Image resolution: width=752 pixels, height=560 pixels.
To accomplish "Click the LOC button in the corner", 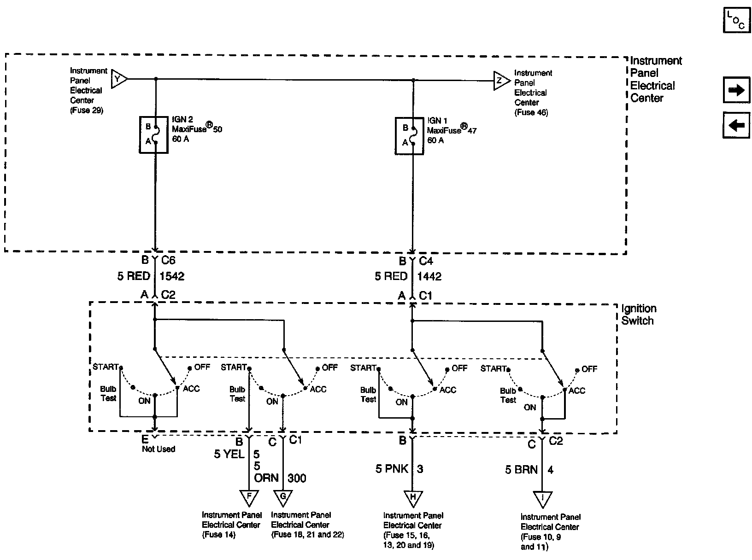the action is coord(736,20).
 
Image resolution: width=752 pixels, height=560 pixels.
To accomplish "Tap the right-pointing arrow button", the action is coord(736,90).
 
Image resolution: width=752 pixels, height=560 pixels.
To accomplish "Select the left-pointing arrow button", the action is coord(736,125).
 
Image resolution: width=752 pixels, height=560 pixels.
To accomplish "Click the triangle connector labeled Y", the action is coord(119,79).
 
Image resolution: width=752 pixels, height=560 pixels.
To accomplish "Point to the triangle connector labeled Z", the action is coord(501,81).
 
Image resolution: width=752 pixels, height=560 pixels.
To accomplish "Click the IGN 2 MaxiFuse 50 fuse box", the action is coord(153,135).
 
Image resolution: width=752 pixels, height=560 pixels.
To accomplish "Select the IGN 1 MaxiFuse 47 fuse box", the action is coord(409,136).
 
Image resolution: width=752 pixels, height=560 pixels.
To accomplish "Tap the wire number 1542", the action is coord(172,276).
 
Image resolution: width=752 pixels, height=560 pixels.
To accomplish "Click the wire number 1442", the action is coord(429,277).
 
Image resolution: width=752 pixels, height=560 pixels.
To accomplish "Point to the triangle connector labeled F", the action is coord(249,498).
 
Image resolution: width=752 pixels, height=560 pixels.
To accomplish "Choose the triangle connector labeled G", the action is coord(283,498).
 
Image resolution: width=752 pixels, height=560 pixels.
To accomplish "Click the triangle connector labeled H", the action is coord(413,498).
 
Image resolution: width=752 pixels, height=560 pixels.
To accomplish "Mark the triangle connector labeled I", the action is coord(543,499).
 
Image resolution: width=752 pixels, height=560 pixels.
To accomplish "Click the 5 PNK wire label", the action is coord(392,469).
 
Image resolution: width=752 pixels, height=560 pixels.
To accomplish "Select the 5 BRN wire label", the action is coord(522,470).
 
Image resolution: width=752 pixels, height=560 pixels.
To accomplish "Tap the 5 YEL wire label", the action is coord(229,454).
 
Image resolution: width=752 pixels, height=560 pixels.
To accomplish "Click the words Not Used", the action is coord(159,449).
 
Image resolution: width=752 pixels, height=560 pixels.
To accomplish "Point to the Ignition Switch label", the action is coord(639,315).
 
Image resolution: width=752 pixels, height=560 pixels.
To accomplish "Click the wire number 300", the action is coord(297,478).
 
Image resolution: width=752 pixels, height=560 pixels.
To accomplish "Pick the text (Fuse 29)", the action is coord(87,110).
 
